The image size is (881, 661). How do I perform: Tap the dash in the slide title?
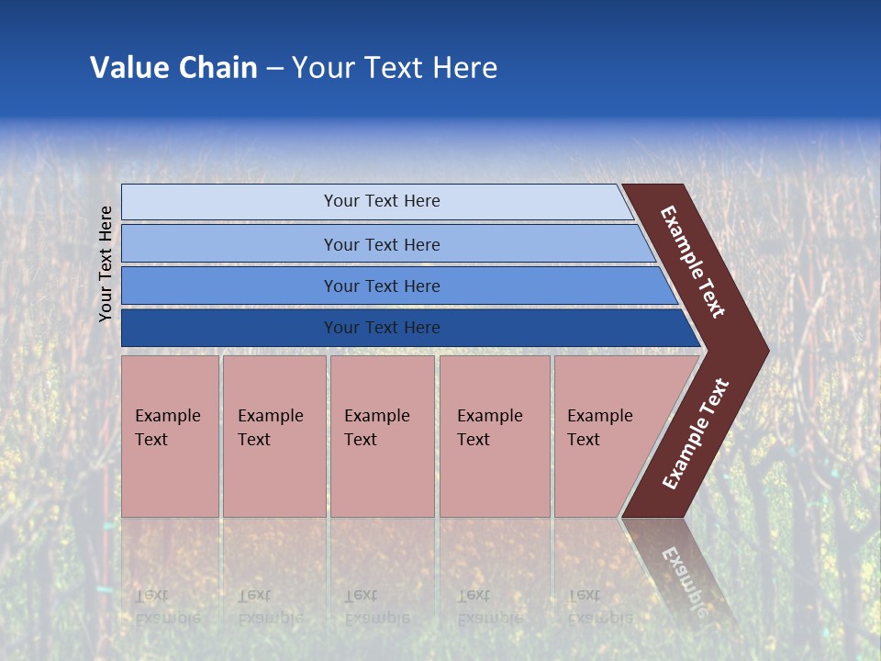pos(274,69)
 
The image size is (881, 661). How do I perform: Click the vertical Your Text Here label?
pos(106,263)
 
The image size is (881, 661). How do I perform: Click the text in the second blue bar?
pos(382,245)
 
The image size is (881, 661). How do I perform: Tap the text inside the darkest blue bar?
pos(382,328)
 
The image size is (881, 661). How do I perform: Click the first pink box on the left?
pos(170,436)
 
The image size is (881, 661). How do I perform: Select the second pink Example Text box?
pos(273,436)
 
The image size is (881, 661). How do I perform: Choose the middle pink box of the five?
pos(382,436)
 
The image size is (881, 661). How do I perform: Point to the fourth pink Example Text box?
pos(494,436)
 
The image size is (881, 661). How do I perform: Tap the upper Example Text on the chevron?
pos(693,262)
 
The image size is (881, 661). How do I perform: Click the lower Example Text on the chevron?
pos(696,433)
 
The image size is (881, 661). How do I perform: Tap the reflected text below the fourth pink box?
pos(489,607)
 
